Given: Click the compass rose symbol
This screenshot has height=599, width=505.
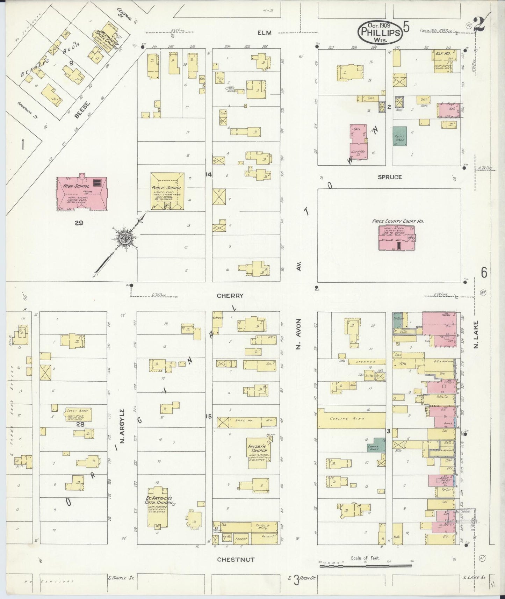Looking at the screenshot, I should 125,239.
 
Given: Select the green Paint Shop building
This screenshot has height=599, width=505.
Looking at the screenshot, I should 399,136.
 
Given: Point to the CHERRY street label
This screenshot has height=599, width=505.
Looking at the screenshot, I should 230,296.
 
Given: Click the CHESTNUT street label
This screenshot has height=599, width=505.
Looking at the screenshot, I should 236,560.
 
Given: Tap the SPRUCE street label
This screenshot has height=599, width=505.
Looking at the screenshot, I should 390,177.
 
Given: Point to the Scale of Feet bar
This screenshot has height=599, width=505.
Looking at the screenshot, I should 366,565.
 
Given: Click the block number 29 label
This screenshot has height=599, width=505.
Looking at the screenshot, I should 79,222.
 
